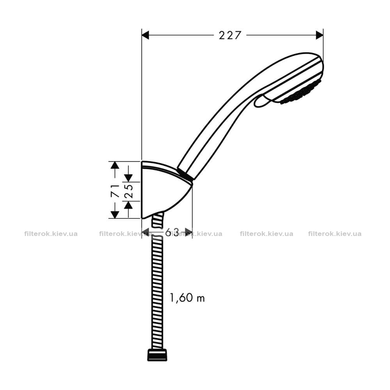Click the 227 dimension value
(230, 35)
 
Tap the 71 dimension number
(115, 191)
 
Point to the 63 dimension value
(172, 232)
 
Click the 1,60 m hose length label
(187, 297)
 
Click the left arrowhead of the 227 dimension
(145, 35)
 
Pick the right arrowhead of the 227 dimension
(320, 35)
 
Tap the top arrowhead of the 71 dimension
(115, 165)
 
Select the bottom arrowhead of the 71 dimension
(115, 214)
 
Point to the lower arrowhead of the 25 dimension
(128, 205)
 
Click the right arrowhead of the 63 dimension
(188, 232)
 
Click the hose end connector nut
(157, 355)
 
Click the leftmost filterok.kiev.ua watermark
(51, 234)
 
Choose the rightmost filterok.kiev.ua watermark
(335, 234)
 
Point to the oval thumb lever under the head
(262, 101)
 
